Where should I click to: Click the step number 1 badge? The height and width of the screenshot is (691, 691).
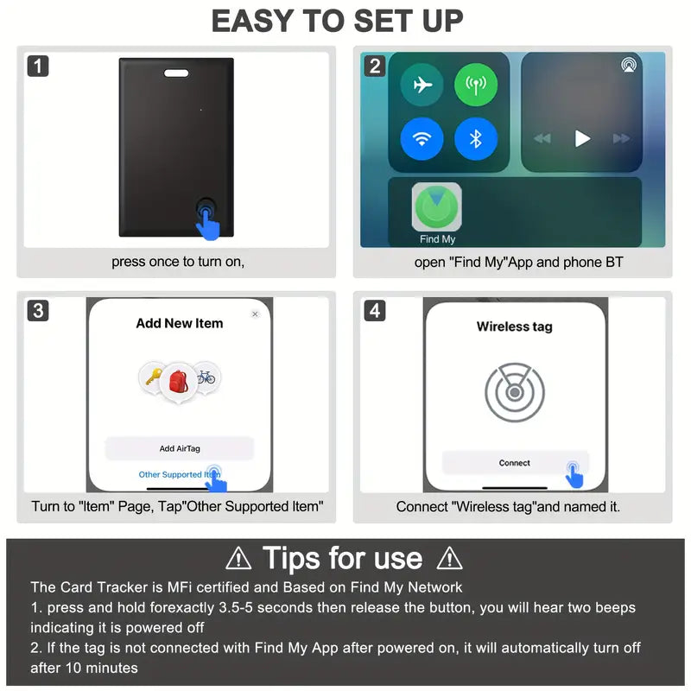pos(38,66)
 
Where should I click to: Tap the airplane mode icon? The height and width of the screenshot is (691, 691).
pos(422,86)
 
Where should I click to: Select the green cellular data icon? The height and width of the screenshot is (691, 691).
pos(476,86)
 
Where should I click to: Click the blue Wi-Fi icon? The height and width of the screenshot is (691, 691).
pos(422,138)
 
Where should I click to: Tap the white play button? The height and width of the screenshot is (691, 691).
pos(582,138)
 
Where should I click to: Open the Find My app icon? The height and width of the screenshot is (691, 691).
pos(437,207)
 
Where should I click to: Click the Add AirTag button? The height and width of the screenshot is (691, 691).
pos(180,448)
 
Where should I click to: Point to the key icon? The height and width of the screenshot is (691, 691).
pos(152,376)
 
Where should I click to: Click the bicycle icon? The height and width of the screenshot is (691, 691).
pos(206,377)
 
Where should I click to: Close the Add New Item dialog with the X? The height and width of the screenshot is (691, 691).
pos(255,314)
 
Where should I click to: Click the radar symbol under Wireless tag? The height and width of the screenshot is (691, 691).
pos(515,392)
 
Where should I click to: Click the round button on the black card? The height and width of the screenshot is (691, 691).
pos(206,209)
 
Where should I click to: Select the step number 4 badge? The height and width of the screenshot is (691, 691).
pos(374,310)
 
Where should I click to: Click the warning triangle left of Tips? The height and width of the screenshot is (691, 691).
pos(238,559)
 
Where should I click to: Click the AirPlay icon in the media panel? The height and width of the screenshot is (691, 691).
pos(628,66)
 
